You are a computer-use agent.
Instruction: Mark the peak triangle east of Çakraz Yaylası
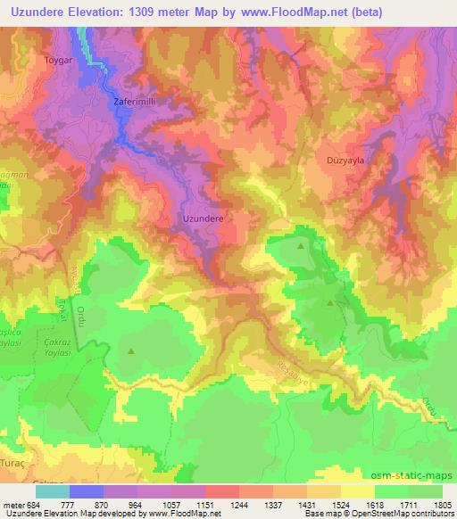(x=132, y=350)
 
